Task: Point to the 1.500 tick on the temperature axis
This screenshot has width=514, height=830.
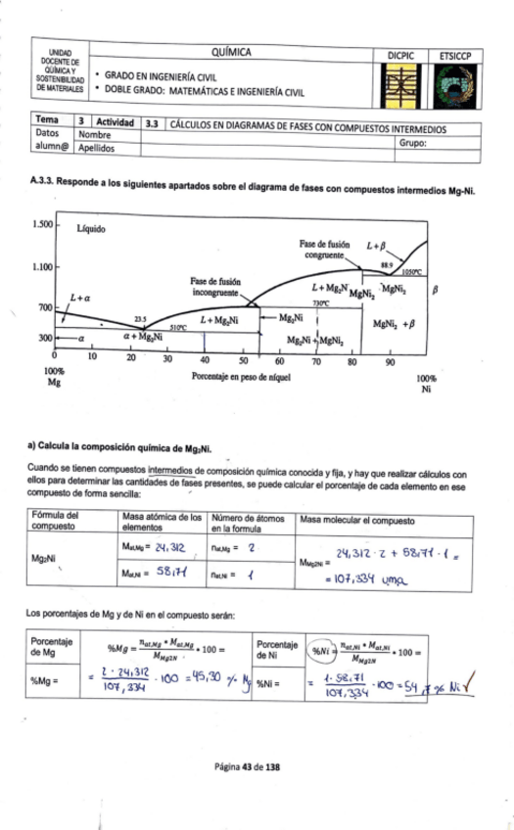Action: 40,224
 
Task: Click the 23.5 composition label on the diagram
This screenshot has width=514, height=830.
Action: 140,319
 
